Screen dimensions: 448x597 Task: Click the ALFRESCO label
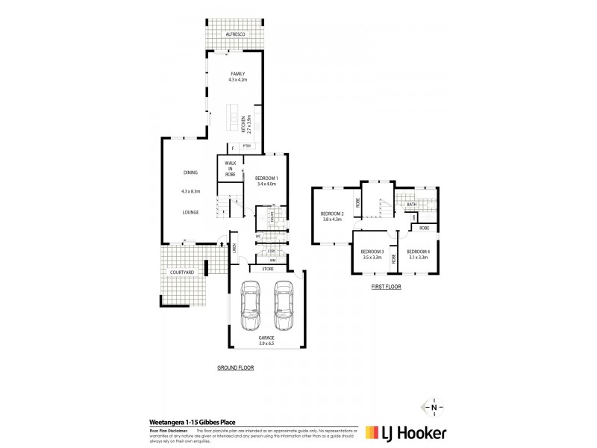(x=235, y=35)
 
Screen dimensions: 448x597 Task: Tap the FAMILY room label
(x=237, y=73)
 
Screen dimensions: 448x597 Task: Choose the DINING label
(x=190, y=172)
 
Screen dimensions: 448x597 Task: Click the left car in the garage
(x=251, y=305)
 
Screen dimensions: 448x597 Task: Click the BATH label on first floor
(x=412, y=205)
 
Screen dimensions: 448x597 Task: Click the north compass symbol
(x=433, y=407)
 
